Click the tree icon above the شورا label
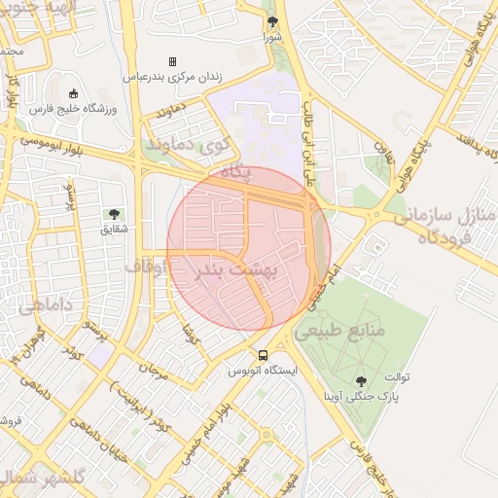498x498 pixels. point(271,22)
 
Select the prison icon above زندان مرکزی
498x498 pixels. point(173,60)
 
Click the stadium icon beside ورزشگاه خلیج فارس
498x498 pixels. point(74,94)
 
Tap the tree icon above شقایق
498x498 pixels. point(115,214)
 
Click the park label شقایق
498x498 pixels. point(115,230)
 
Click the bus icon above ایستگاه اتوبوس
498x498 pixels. point(263,355)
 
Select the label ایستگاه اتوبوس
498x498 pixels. point(263,371)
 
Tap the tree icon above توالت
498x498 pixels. point(362,382)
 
